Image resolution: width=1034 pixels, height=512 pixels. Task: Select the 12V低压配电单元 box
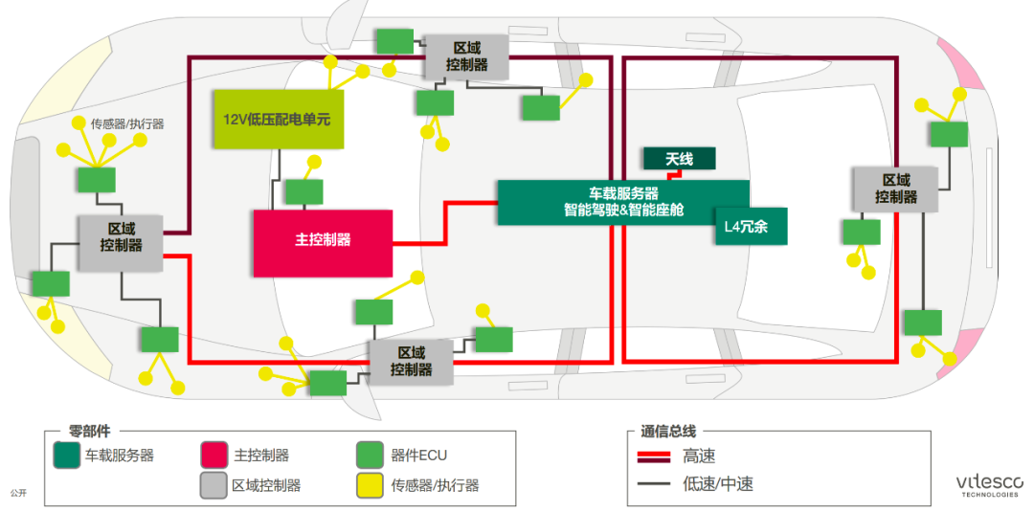(x=277, y=119)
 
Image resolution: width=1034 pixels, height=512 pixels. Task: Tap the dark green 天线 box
(x=678, y=158)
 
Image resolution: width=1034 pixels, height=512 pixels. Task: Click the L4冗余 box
(x=750, y=226)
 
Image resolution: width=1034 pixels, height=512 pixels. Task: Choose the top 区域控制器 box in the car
(x=466, y=56)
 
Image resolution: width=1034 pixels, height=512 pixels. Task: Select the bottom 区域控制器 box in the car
(x=411, y=362)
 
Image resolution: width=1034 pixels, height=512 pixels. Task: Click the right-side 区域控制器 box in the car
(x=895, y=189)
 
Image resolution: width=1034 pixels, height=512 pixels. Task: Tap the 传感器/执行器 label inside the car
(x=127, y=123)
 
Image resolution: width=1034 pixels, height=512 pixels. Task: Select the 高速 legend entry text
(x=699, y=456)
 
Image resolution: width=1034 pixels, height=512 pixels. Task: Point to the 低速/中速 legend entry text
(x=718, y=484)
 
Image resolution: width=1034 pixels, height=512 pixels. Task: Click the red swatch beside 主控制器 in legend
(x=214, y=456)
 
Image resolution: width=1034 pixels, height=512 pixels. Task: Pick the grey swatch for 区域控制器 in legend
(x=214, y=485)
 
